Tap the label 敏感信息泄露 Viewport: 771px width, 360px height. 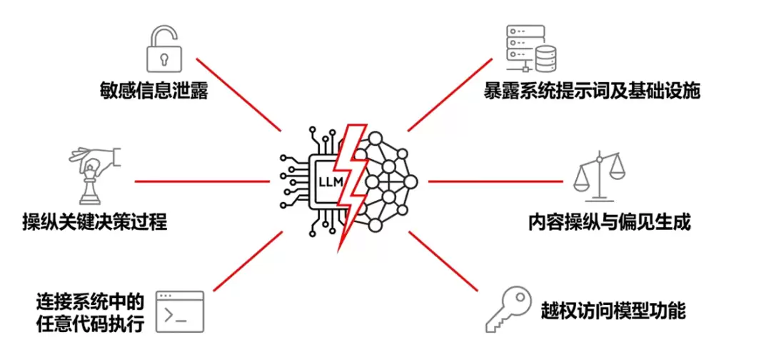[153, 91]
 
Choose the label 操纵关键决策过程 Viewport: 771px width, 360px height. [95, 222]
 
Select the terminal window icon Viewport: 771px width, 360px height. [180, 312]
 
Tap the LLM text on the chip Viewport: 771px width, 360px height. [329, 181]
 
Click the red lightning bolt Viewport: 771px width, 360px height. [350, 187]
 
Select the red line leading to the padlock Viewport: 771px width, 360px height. [239, 95]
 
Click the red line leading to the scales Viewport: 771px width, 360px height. [495, 181]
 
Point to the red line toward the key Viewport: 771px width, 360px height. [443, 261]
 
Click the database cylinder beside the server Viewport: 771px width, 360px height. [548, 58]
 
